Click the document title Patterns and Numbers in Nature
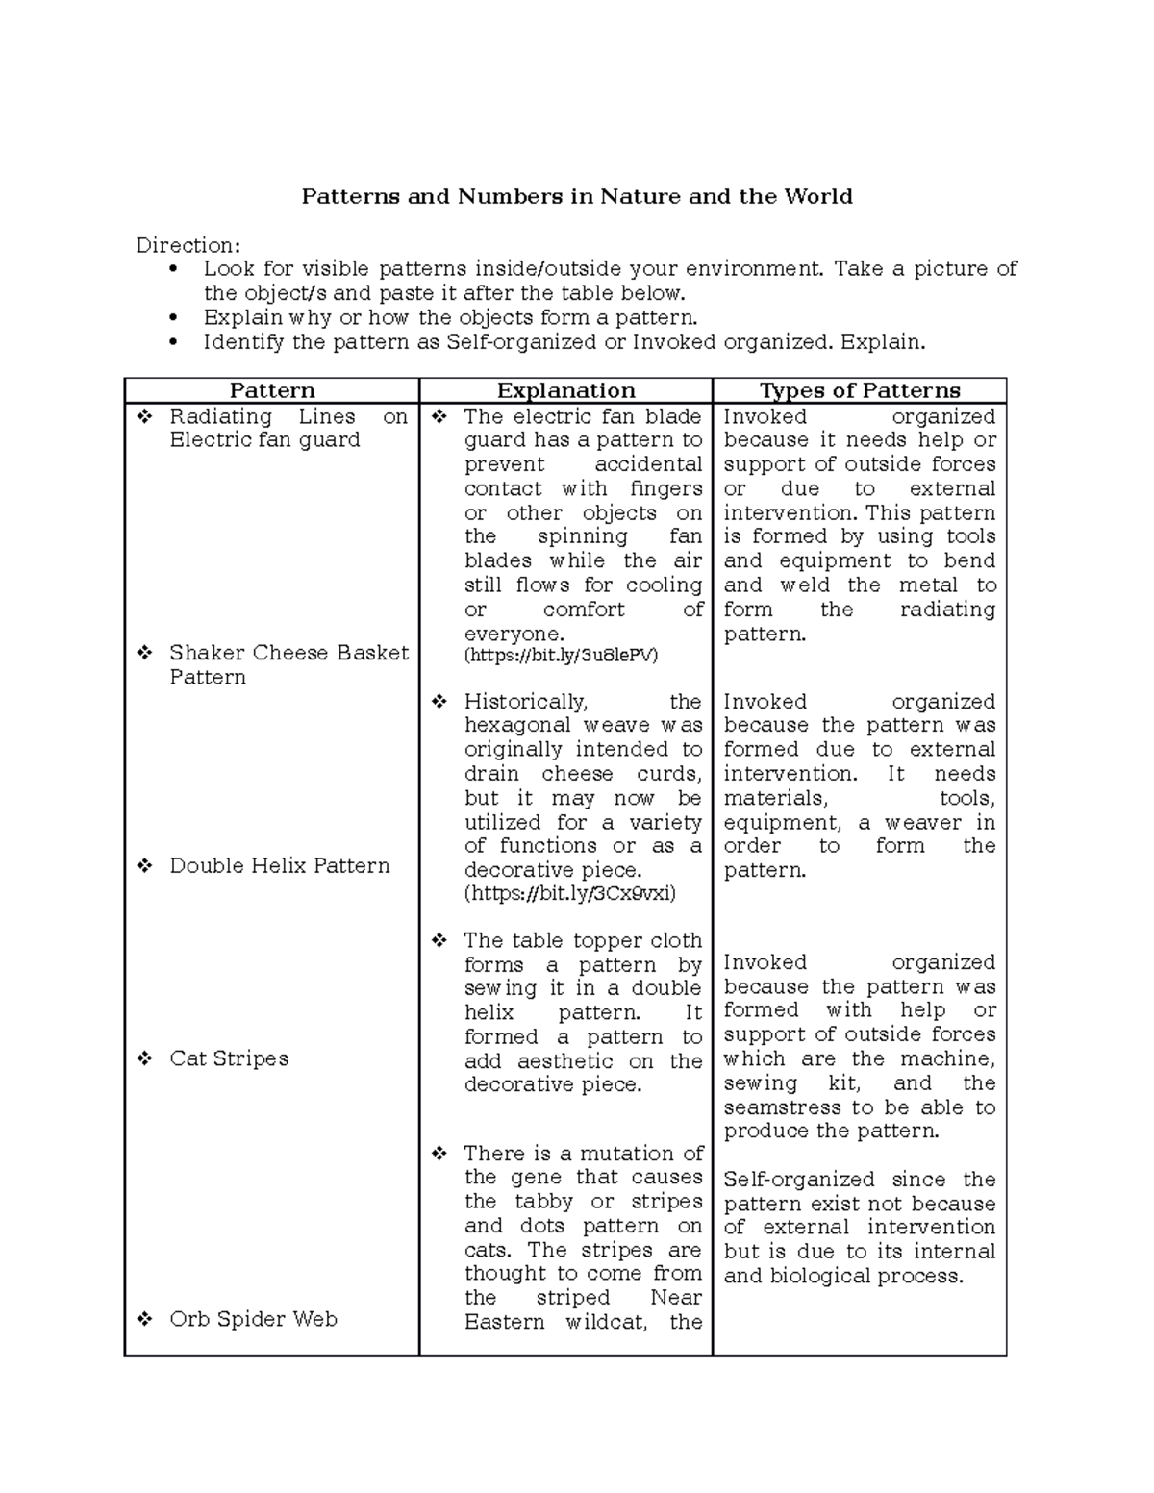[576, 197]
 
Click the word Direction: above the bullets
[188, 245]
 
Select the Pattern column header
[272, 390]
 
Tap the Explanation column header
[565, 390]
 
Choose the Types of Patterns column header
[860, 390]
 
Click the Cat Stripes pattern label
[229, 1058]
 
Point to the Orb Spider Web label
[253, 1319]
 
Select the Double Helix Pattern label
[280, 865]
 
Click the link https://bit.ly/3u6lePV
[562, 656]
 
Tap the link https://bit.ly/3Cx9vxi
[570, 894]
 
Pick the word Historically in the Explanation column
[525, 702]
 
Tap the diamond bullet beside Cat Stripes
[144, 1058]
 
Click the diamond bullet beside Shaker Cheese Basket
[144, 653]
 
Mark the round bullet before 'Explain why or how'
[173, 317]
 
